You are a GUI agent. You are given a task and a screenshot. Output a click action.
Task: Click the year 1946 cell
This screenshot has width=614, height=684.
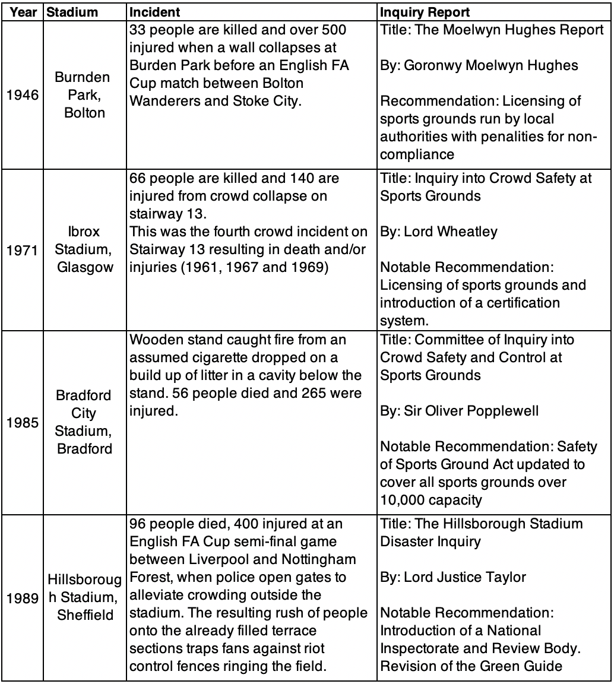(23, 96)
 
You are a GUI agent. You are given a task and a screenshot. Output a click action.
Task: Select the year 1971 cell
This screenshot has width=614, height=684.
(23, 251)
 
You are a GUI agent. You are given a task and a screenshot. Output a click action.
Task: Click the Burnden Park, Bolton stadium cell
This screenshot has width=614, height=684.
(84, 96)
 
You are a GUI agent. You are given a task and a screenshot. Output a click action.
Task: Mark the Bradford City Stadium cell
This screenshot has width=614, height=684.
(84, 422)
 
